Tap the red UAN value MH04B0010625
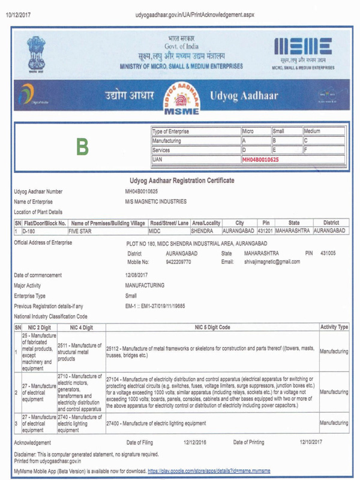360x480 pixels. [260, 160]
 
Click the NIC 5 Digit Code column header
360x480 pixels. [212, 327]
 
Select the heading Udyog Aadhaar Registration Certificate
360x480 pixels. [182, 181]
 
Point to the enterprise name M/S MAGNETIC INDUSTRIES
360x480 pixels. [155, 202]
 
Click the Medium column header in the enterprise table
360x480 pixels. [313, 131]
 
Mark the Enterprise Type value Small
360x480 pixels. [131, 296]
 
